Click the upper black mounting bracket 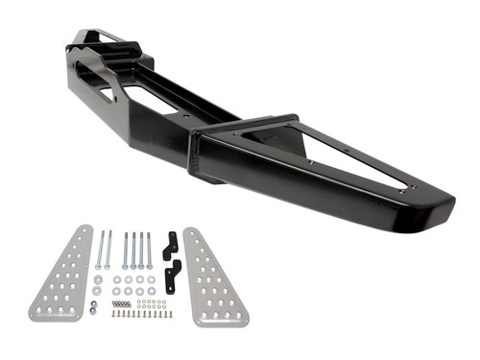171,246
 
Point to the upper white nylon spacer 98,279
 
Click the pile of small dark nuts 121,304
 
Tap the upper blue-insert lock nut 91,305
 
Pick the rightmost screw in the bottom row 171,315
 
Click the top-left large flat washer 116,280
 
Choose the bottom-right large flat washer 151,292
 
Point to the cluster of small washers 150,305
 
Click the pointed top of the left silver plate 86,229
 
